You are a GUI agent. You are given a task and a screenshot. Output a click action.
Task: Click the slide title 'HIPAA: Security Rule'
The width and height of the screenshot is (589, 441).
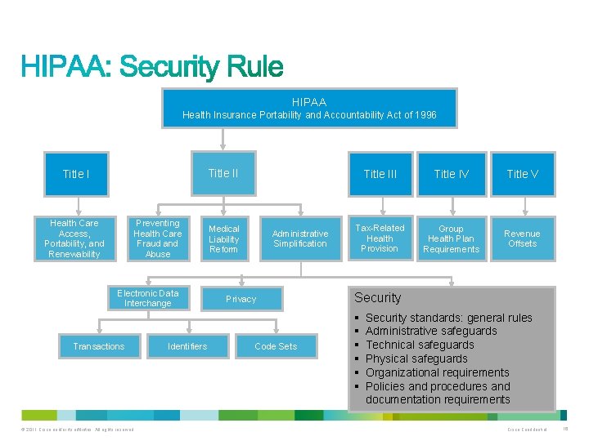click(152, 66)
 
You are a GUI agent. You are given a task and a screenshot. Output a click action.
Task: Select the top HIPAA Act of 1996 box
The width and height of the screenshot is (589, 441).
click(309, 109)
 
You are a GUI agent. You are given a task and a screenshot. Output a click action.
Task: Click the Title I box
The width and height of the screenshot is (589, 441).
click(76, 174)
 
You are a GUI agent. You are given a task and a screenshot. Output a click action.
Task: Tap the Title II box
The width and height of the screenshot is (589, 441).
click(223, 173)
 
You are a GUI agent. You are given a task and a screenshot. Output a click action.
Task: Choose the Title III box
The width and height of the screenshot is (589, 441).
click(380, 174)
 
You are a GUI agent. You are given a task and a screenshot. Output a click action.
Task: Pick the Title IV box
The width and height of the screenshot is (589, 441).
click(451, 174)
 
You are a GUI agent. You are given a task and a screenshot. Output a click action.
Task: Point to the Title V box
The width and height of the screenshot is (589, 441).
click(522, 174)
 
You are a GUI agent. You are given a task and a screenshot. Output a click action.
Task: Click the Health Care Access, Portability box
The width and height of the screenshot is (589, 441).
click(74, 238)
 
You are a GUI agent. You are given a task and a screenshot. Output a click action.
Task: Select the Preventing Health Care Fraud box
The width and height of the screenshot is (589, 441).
click(158, 238)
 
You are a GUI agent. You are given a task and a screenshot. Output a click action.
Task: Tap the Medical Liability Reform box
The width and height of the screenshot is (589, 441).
click(223, 239)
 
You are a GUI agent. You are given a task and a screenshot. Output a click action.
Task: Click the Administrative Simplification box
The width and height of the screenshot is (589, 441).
click(300, 238)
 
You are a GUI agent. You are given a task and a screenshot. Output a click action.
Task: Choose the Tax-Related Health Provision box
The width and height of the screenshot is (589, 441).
click(380, 238)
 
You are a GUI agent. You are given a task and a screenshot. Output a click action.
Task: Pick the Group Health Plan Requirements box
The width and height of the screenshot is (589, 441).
click(451, 239)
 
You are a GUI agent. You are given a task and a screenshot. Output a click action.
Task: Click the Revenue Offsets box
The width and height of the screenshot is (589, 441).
click(522, 238)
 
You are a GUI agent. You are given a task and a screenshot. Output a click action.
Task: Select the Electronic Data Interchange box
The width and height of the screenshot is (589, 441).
click(148, 298)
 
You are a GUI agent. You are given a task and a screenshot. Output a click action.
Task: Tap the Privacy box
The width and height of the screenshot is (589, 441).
click(241, 299)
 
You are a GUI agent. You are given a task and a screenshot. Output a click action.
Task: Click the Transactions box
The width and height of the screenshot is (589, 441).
click(99, 346)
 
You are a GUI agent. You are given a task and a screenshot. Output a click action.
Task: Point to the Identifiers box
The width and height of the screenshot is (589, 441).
click(187, 346)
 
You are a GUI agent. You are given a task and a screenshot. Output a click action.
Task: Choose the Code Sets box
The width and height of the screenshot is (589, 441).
click(276, 346)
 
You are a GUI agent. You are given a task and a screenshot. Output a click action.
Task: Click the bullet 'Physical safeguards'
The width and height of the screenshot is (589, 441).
click(416, 359)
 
